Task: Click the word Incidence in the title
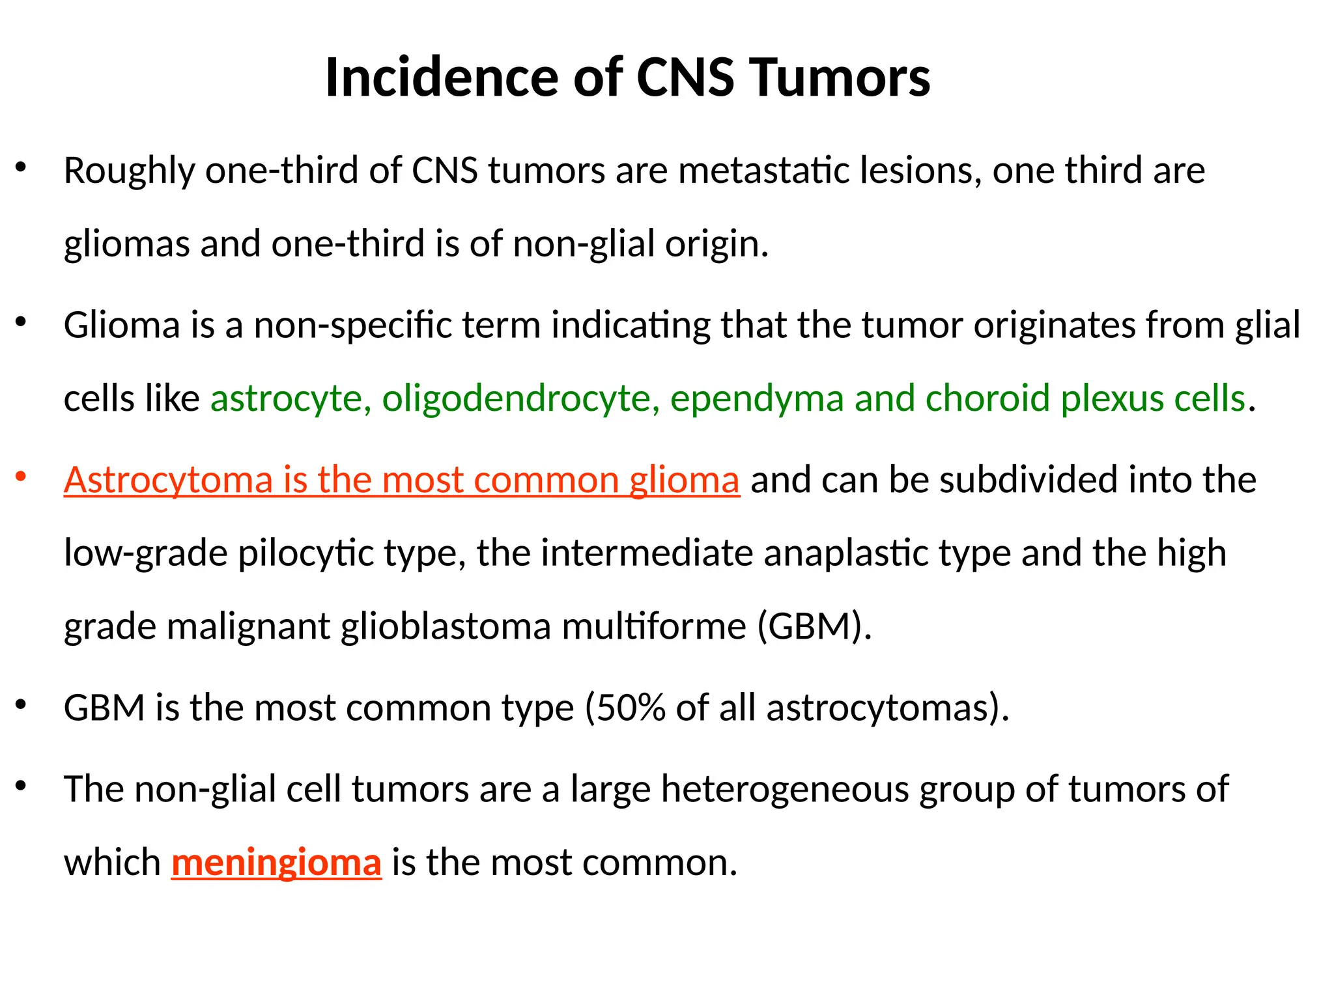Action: tap(441, 77)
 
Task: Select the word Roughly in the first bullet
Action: tap(129, 172)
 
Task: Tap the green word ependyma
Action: tap(757, 399)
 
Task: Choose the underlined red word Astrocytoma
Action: tap(167, 481)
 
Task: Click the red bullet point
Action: tap(21, 477)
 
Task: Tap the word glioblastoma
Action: tap(446, 627)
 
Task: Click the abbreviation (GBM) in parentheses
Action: tap(814, 627)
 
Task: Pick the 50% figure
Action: tap(630, 708)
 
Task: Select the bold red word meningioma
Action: tap(276, 863)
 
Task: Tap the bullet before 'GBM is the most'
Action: tap(21, 704)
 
